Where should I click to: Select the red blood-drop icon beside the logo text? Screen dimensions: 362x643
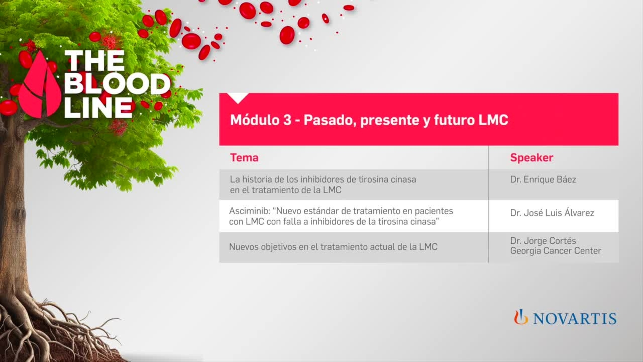click(40, 87)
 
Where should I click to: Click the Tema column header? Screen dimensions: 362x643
click(244, 158)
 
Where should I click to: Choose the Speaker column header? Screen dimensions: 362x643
click(531, 158)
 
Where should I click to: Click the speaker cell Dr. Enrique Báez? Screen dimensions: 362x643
click(543, 180)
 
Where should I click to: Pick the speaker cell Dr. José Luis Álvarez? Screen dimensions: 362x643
click(552, 213)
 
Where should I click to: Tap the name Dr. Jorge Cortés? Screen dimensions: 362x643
click(543, 241)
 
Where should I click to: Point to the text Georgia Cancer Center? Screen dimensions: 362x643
click(556, 251)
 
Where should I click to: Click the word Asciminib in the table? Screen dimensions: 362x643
click(249, 211)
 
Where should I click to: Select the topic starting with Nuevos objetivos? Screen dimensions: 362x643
click(333, 247)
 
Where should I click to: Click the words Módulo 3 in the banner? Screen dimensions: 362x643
click(261, 120)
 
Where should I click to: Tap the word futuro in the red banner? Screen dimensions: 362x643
click(454, 120)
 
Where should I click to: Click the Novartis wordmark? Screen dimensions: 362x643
click(574, 318)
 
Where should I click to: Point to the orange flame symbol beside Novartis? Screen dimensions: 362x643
click(521, 317)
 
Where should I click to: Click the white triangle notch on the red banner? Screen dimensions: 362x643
click(238, 98)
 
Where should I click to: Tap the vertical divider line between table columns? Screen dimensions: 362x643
click(489, 204)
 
